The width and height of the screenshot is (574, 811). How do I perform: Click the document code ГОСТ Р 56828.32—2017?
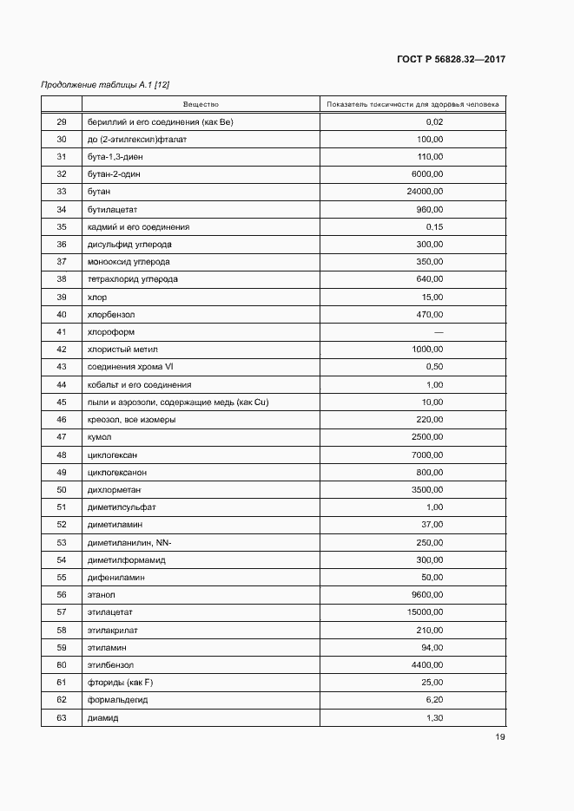tap(451, 60)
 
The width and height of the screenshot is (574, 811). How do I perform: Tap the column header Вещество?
tap(201, 105)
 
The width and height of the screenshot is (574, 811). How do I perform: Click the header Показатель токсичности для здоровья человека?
tap(412, 105)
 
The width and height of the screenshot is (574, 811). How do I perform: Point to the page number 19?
tap(500, 737)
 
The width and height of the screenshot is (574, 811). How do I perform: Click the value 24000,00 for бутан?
tap(425, 192)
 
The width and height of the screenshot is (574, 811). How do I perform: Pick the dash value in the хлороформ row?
tap(439, 332)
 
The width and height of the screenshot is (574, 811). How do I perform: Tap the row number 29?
tap(61, 121)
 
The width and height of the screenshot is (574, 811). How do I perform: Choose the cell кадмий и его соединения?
tap(137, 227)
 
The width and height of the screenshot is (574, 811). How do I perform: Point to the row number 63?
tap(61, 718)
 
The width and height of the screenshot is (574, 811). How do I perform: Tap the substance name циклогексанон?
tap(117, 473)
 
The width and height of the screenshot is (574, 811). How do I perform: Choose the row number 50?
tap(61, 490)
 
